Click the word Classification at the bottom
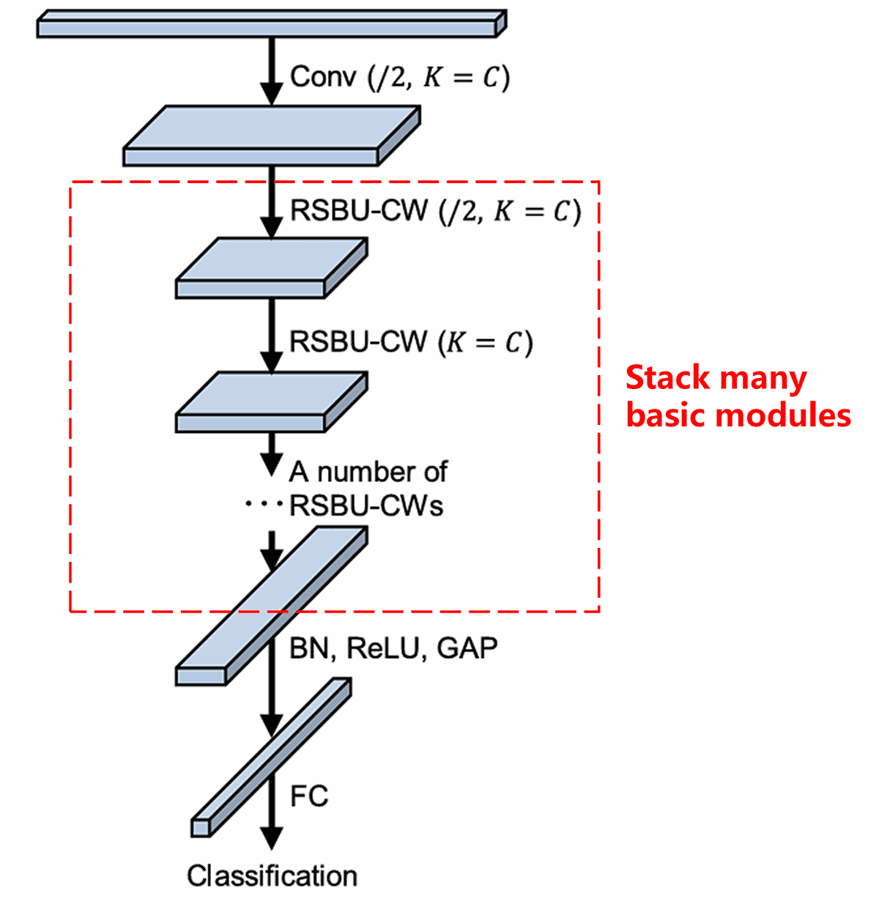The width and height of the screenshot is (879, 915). [272, 876]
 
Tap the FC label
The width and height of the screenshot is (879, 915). [309, 796]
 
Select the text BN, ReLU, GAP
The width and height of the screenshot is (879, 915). [393, 648]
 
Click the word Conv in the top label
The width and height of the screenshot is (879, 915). [323, 77]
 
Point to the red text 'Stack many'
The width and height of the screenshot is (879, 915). [716, 379]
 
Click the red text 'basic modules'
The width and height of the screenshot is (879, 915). [738, 415]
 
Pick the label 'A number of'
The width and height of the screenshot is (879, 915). [368, 473]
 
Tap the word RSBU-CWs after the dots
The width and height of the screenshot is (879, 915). [366, 506]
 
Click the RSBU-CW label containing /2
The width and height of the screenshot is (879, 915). [435, 211]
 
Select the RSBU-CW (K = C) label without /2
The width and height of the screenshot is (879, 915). [411, 343]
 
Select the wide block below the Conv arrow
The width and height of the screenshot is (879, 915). [271, 136]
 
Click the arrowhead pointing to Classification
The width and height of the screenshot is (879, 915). [272, 837]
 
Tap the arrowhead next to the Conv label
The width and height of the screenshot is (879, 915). [272, 93]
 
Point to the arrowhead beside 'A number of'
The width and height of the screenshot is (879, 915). [272, 464]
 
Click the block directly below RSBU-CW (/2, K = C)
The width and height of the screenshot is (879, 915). [271, 268]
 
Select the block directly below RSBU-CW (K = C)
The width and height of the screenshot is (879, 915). [271, 402]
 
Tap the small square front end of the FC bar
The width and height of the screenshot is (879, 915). [201, 827]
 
